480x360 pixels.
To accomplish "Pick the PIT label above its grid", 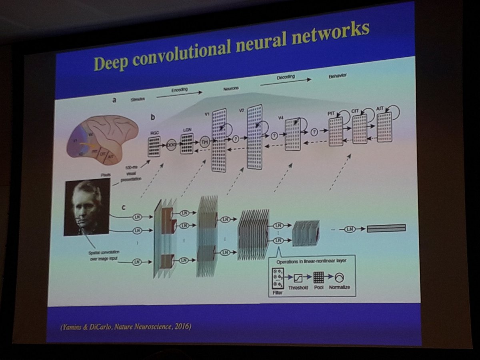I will [330, 113].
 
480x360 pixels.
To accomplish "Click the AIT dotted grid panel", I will [384, 127].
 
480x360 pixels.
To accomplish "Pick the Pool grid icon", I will [318, 277].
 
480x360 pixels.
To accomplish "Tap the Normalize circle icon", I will [340, 277].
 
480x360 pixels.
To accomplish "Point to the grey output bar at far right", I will [386, 228].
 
